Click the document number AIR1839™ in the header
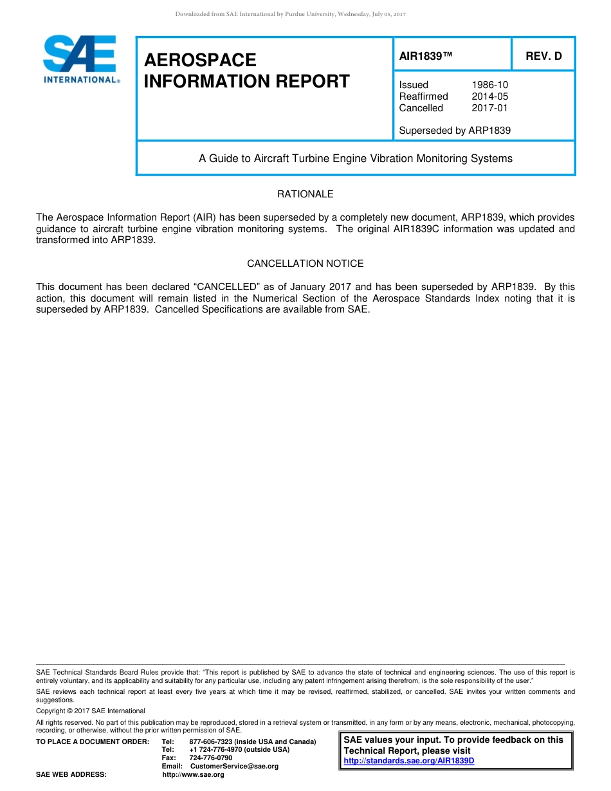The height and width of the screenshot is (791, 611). click(x=426, y=57)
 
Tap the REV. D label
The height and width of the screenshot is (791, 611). click(x=543, y=57)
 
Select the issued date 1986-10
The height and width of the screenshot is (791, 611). click(x=489, y=85)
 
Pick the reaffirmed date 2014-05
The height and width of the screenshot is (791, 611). click(x=489, y=96)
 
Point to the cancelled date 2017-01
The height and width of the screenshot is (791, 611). click(x=489, y=108)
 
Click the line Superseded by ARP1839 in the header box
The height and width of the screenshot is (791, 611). click(x=455, y=131)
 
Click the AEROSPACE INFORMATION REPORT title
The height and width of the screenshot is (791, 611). click(x=247, y=71)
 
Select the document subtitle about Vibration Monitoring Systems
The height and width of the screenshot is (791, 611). click(x=356, y=158)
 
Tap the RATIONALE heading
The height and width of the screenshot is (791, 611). click(x=305, y=194)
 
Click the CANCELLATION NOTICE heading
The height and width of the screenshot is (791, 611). click(x=305, y=264)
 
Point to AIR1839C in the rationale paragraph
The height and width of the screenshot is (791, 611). click(x=417, y=229)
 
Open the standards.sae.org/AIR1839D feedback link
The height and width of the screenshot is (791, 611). click(x=409, y=761)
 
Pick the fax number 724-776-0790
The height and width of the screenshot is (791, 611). click(x=211, y=758)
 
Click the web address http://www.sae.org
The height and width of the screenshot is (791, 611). click(x=193, y=775)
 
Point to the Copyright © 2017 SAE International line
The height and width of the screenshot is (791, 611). click(x=91, y=711)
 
